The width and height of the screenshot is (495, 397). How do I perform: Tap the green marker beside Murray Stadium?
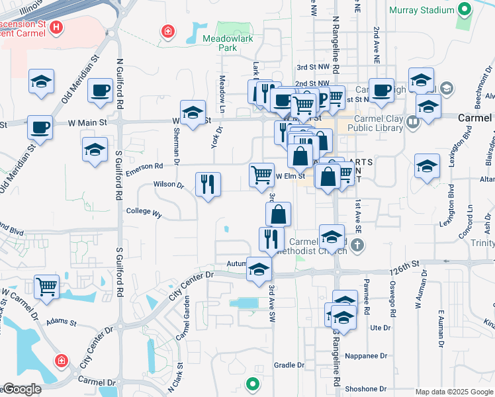coord(465,10)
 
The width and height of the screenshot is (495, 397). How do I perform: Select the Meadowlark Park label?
coord(218,43)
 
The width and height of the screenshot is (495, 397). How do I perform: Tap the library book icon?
coord(413,122)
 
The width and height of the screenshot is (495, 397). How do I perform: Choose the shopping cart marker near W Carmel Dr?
coord(46,287)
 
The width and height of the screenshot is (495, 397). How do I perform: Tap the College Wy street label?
coord(144,213)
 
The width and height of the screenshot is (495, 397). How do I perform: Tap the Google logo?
coord(21,390)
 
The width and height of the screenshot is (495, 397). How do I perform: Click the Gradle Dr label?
coord(289,365)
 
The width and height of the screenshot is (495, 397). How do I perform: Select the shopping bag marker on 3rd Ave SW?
coord(279,214)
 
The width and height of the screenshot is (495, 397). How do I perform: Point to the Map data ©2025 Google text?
coord(453,392)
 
